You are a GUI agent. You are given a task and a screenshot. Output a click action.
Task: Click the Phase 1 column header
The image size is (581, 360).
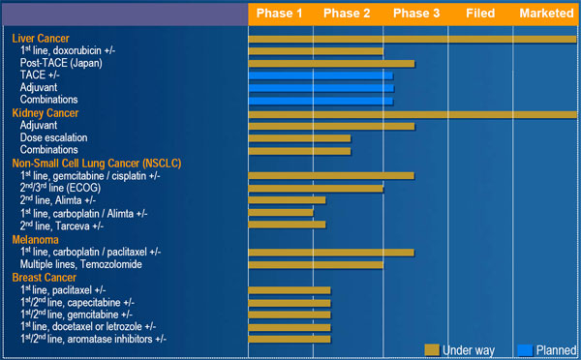pyautogui.click(x=280, y=14)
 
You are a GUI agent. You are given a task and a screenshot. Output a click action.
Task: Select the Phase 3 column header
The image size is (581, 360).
pyautogui.click(x=416, y=14)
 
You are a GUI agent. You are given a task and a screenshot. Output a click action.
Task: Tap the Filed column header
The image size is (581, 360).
pyautogui.click(x=480, y=14)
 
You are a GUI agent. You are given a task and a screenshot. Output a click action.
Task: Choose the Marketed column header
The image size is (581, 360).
pyautogui.click(x=546, y=14)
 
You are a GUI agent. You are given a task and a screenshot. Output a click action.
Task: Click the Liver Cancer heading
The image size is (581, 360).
pyautogui.click(x=41, y=39)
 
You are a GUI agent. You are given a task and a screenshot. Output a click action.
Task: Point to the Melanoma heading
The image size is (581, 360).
pyautogui.click(x=35, y=240)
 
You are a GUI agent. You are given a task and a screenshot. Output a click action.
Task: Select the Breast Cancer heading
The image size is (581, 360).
pyautogui.click(x=45, y=278)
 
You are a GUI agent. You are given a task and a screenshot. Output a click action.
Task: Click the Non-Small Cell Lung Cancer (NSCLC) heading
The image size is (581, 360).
pyautogui.click(x=97, y=164)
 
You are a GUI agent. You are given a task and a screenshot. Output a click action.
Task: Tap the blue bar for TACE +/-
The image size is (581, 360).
pyautogui.click(x=321, y=75)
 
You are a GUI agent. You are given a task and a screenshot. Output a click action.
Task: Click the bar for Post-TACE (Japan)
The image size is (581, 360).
pyautogui.click(x=331, y=64)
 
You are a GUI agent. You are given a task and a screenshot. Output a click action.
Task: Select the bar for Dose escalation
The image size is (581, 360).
pyautogui.click(x=299, y=138)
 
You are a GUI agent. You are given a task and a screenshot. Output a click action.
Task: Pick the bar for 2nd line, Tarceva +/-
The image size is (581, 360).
pyautogui.click(x=287, y=225)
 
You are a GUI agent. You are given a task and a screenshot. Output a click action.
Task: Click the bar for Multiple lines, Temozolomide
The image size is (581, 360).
pyautogui.click(x=316, y=265)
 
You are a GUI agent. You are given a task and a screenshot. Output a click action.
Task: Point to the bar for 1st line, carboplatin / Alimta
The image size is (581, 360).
pyautogui.click(x=281, y=213)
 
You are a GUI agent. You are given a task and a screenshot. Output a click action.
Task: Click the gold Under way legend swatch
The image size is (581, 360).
pyautogui.click(x=432, y=350)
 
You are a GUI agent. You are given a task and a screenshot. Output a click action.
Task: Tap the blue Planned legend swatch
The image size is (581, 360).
pyautogui.click(x=525, y=350)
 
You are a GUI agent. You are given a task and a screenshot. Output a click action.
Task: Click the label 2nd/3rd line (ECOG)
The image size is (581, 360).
pyautogui.click(x=60, y=188)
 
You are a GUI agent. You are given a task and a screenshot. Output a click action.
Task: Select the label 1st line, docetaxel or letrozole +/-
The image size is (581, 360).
pyautogui.click(x=88, y=327)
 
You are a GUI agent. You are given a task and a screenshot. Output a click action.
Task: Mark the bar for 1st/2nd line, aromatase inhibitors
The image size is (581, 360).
pyautogui.click(x=290, y=340)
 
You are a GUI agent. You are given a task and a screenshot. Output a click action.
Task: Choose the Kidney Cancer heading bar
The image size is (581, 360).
pyautogui.click(x=413, y=114)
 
